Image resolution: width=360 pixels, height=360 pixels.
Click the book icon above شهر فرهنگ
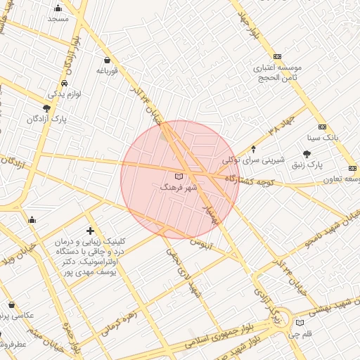pyautogui.click(x=177, y=176)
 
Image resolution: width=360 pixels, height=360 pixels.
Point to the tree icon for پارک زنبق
pyautogui.click(x=307, y=153)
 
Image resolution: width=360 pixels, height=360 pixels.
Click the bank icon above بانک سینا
pyautogui.click(x=322, y=127)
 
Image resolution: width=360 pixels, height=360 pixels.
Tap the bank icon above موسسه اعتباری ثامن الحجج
pyautogui.click(x=277, y=56)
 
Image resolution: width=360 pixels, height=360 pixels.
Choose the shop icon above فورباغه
pyautogui.click(x=106, y=60)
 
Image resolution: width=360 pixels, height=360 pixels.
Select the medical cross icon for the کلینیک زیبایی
pyautogui.click(x=90, y=231)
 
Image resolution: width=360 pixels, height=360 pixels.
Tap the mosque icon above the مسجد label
pyautogui.click(x=58, y=8)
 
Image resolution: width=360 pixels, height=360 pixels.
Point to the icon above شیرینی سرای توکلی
pyautogui.click(x=254, y=149)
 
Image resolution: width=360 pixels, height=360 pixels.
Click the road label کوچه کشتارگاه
pyautogui.click(x=252, y=181)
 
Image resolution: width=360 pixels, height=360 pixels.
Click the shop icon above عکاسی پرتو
pyautogui.click(x=12, y=305)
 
